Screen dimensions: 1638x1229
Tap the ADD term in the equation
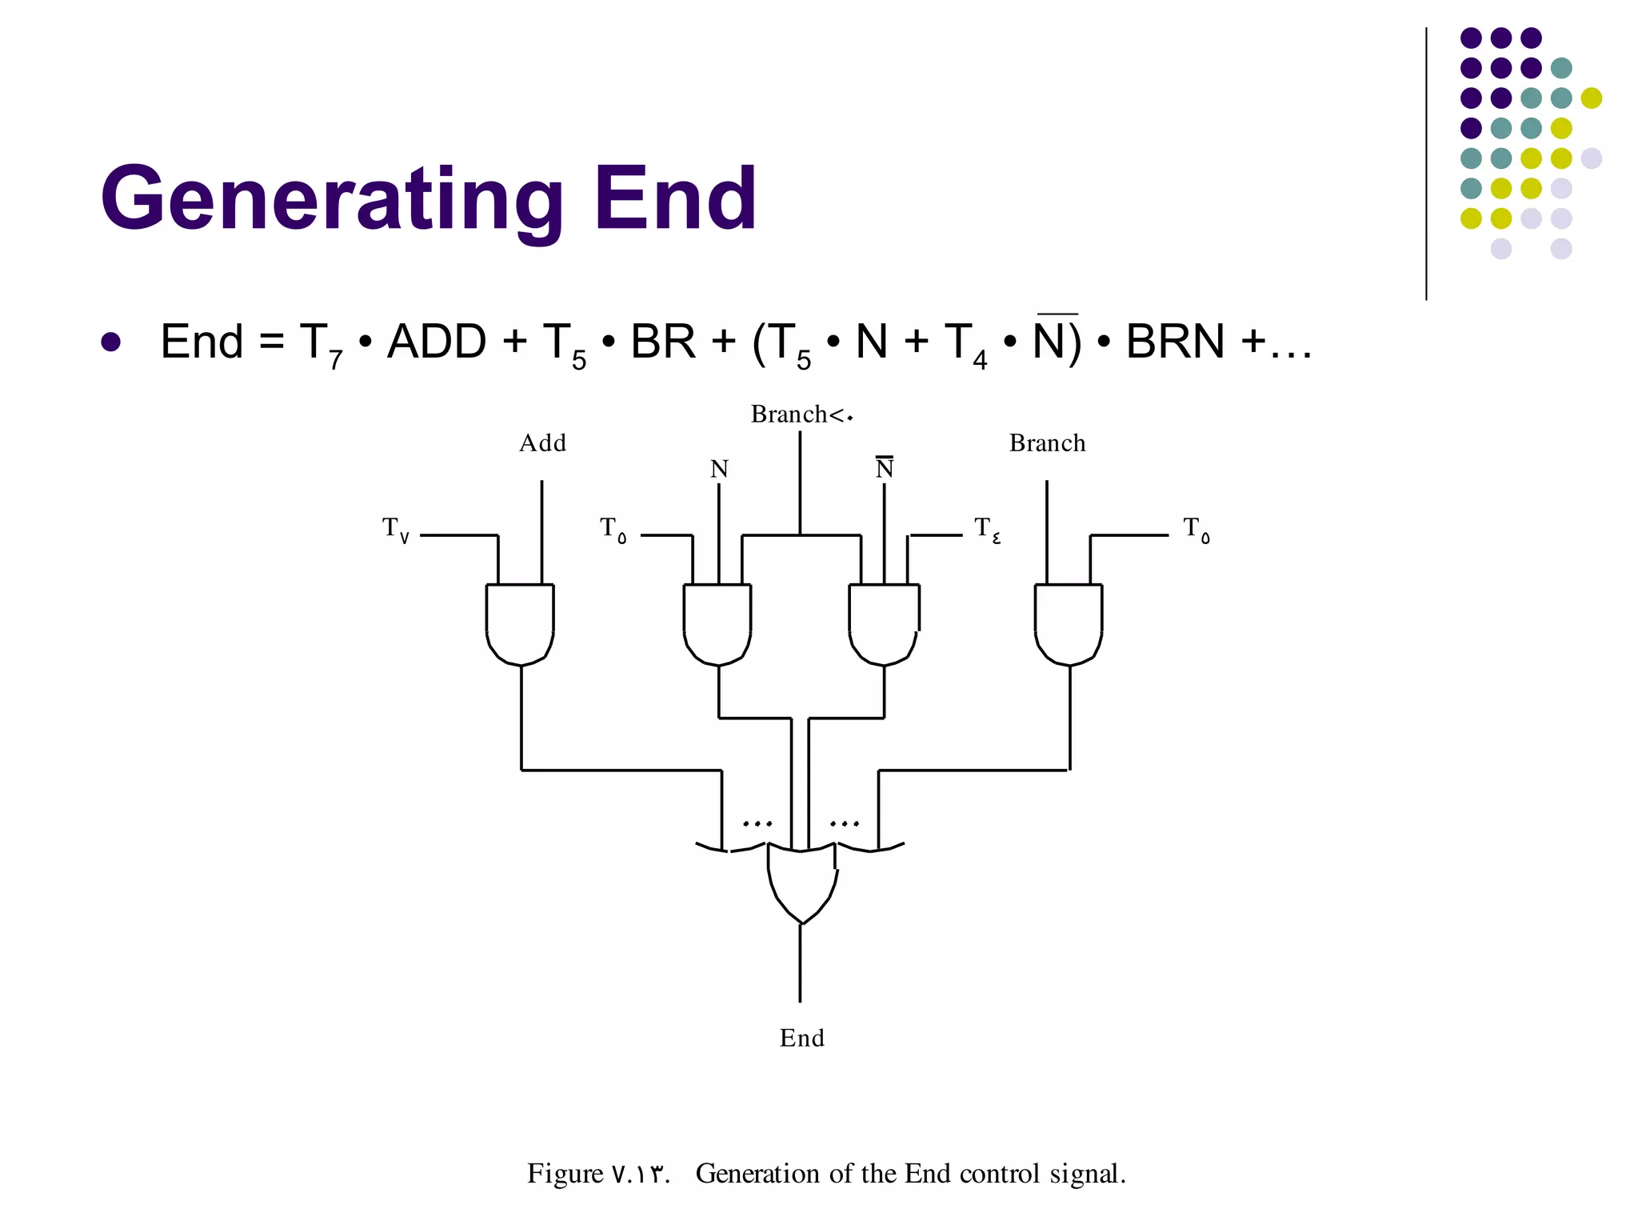(437, 342)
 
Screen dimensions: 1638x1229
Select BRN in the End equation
(1175, 342)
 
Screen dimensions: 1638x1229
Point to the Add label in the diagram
(542, 443)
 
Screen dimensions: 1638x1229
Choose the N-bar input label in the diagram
(884, 468)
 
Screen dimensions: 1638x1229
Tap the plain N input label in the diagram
(719, 469)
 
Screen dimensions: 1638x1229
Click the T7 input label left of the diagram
(396, 529)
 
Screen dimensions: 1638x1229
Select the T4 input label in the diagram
(987, 529)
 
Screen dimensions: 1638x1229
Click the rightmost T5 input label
(1197, 529)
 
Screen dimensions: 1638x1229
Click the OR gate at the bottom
(801, 880)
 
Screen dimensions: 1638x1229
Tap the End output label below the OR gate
(801, 1038)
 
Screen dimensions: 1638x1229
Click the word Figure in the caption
(565, 1174)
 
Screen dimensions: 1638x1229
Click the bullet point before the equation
(111, 342)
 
